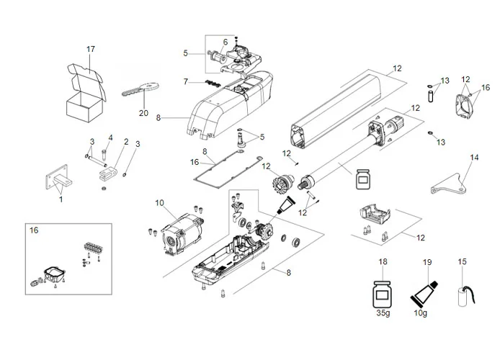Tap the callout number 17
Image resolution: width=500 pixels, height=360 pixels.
coord(91,49)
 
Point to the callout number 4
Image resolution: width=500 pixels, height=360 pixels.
coord(110,138)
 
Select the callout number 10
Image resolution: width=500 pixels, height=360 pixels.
coord(160,203)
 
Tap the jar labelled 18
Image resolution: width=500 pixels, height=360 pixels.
coord(383,294)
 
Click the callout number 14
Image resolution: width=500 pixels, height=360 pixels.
coord(473,156)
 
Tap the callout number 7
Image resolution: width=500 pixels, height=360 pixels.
coord(185,81)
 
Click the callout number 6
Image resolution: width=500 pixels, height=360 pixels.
coord(224,42)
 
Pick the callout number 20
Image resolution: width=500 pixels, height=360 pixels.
coord(143,113)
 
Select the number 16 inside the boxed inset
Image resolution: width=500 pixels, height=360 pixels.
coord(34,230)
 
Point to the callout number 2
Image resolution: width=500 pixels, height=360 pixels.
coord(126,141)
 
